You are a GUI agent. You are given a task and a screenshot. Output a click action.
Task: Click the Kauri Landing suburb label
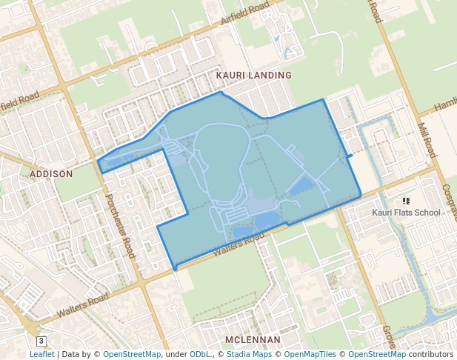(x=253, y=76)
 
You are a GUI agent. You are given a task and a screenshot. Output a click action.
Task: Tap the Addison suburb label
(x=51, y=174)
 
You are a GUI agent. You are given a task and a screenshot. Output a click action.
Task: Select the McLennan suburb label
(x=253, y=340)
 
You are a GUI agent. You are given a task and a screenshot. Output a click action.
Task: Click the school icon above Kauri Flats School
(x=406, y=201)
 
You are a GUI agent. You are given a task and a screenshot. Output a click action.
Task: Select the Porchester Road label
(x=120, y=225)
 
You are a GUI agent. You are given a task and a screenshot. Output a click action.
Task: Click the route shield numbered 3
(x=41, y=341)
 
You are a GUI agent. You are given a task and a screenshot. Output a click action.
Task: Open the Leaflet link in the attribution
(x=41, y=354)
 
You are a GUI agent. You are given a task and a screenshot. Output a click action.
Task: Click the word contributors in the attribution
(x=431, y=354)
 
